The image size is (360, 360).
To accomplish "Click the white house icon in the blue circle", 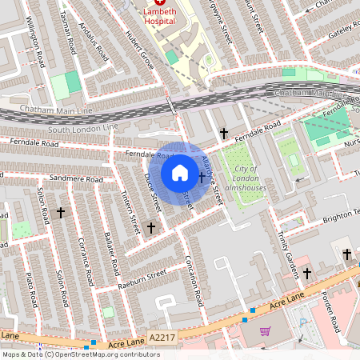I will coord(179,173).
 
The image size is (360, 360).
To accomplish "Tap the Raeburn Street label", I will coord(138,274).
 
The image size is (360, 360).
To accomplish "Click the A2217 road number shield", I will coord(161,340).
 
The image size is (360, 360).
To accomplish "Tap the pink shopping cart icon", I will coord(265,330).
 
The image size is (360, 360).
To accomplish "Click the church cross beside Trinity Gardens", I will coord(307,274).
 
